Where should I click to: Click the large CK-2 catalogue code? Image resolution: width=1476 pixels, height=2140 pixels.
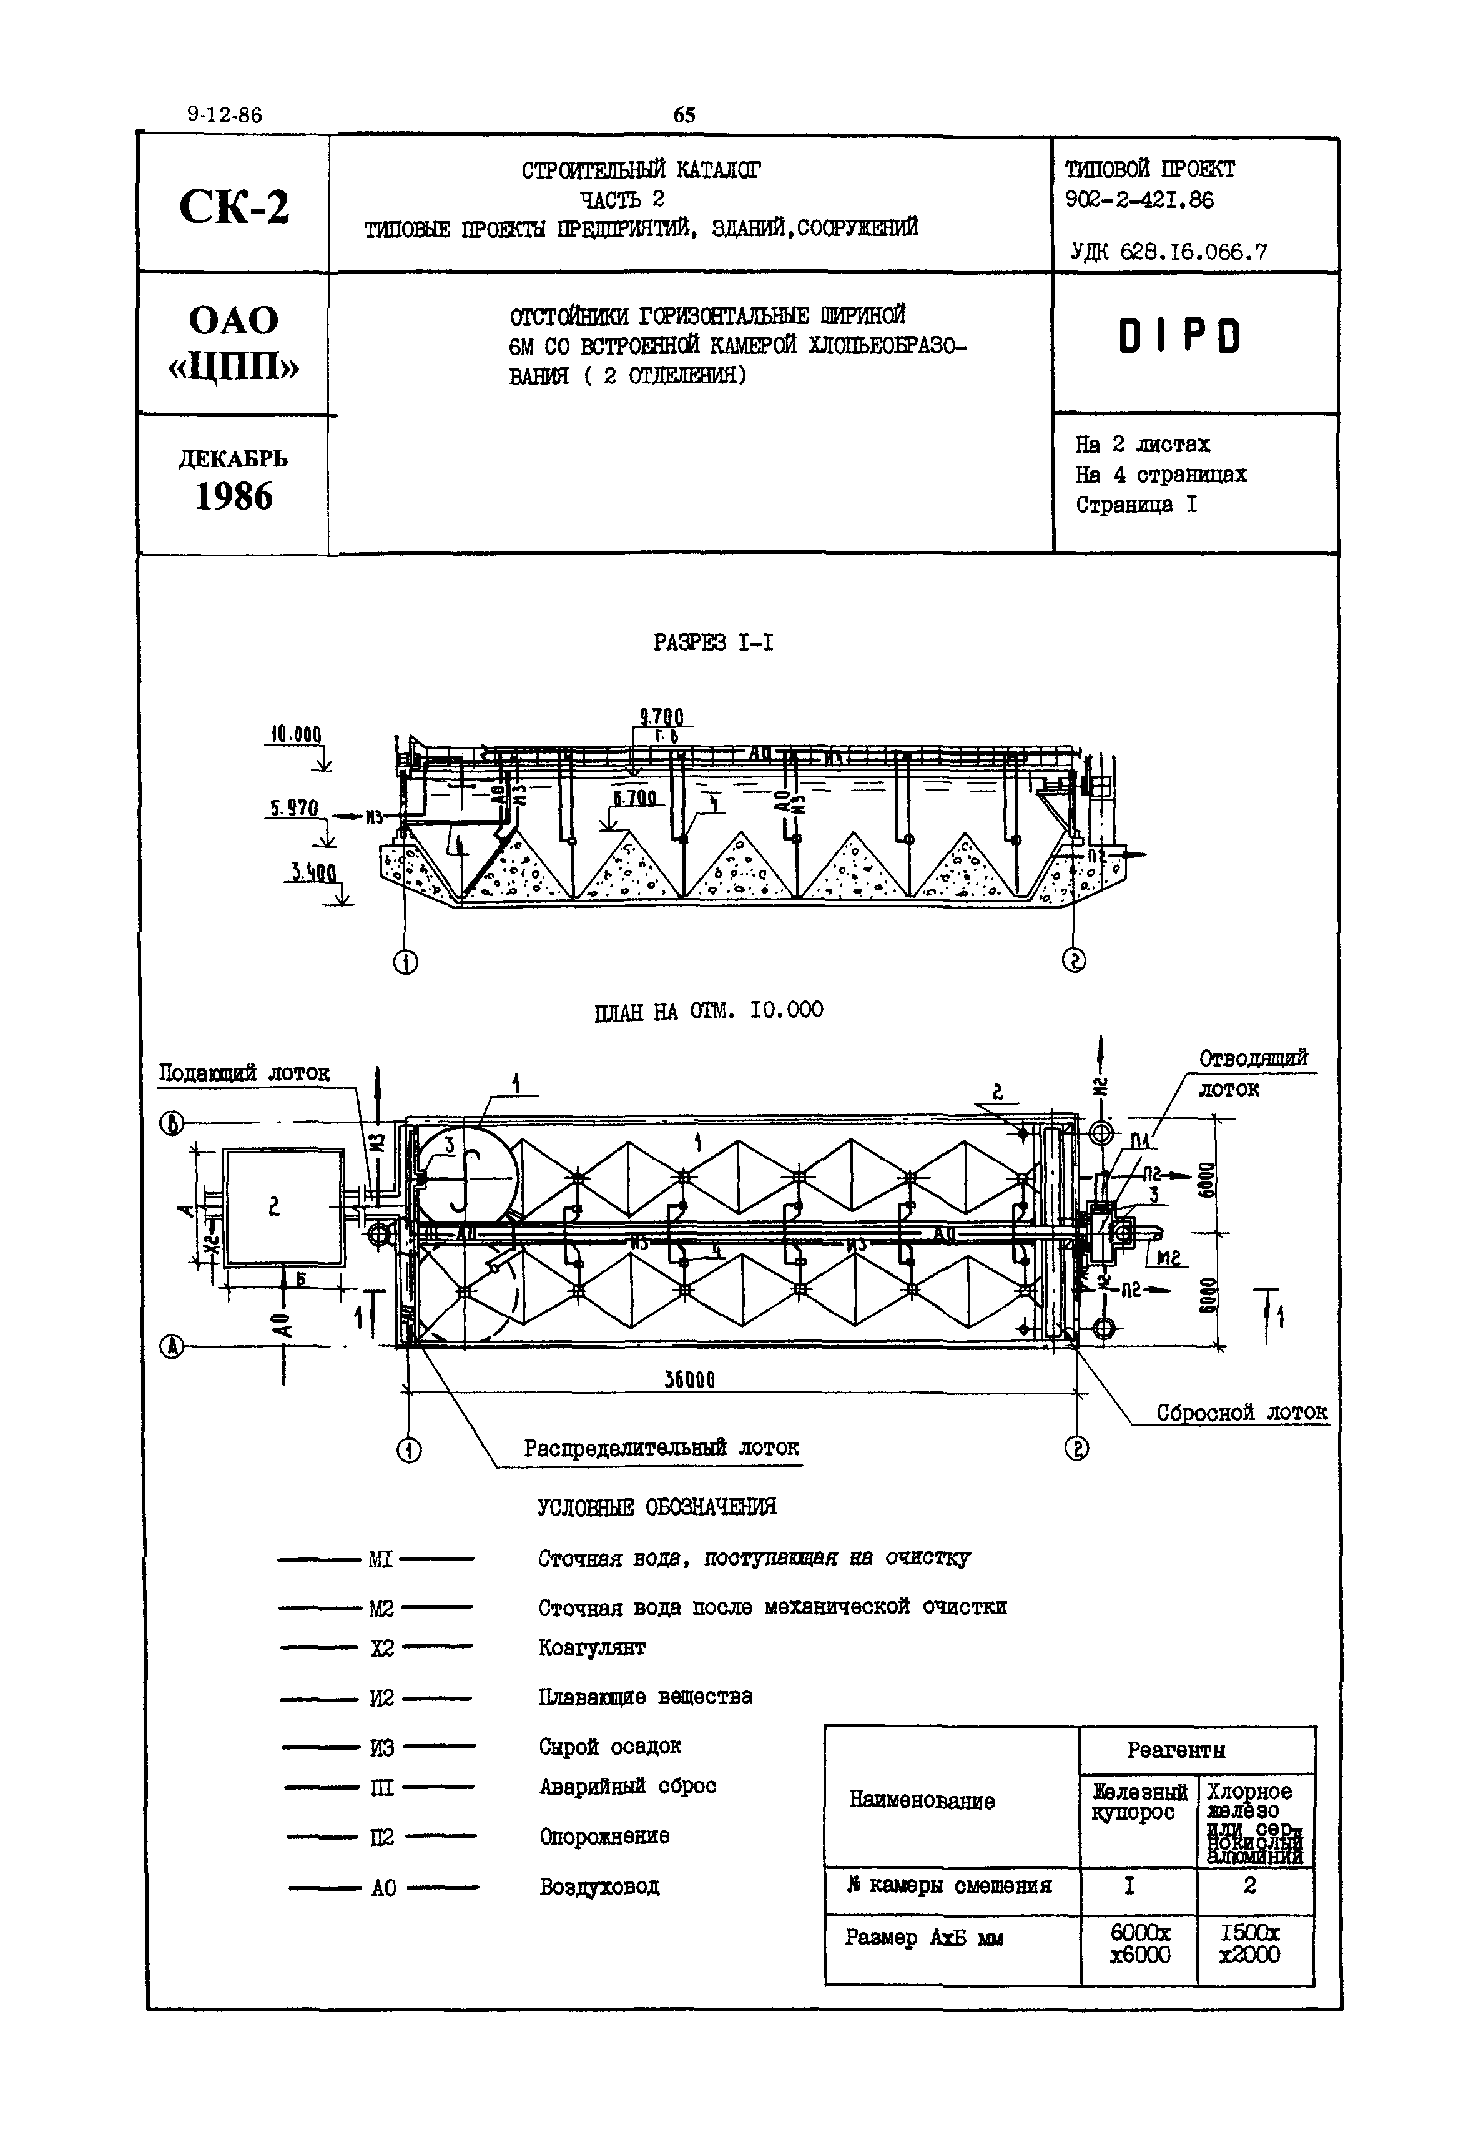pyautogui.click(x=234, y=206)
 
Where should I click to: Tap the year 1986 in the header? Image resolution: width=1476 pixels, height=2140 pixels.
pyautogui.click(x=234, y=498)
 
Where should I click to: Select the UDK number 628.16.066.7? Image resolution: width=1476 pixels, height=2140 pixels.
pyautogui.click(x=1169, y=252)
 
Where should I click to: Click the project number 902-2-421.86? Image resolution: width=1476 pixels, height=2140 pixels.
pyautogui.click(x=1139, y=200)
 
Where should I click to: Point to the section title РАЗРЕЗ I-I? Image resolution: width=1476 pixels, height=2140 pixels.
pyautogui.click(x=713, y=642)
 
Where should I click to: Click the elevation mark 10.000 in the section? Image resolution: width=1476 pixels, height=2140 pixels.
pyautogui.click(x=295, y=735)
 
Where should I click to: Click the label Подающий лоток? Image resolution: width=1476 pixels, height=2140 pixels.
pyautogui.click(x=244, y=1073)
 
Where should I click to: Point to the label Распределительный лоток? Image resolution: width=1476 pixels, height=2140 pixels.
pyautogui.click(x=661, y=1447)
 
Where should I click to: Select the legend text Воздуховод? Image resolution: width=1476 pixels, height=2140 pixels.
pyautogui.click(x=599, y=1886)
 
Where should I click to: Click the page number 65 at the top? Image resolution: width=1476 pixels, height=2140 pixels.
pyautogui.click(x=684, y=115)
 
